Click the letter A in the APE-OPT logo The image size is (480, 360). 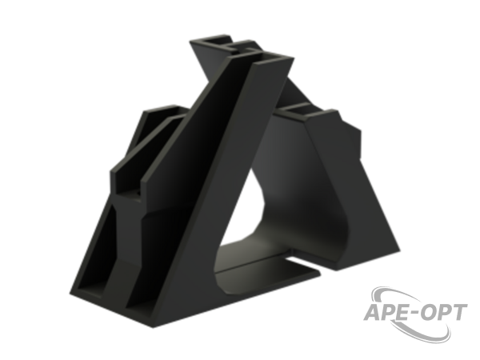pos(373,312)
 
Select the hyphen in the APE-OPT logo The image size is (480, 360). pos(417,314)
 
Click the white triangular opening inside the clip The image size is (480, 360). pos(242,214)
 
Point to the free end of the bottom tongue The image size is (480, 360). pos(318,273)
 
